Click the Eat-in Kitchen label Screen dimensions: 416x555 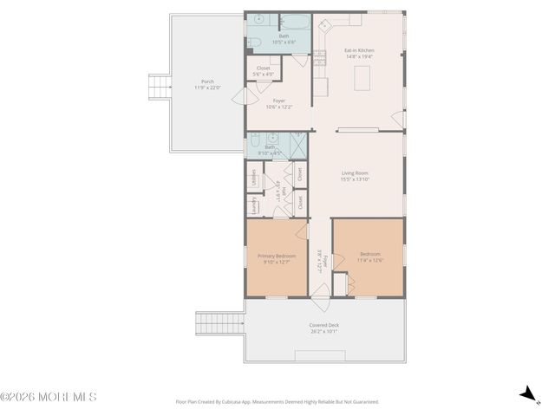click(x=358, y=53)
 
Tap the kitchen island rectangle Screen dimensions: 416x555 click(x=365, y=79)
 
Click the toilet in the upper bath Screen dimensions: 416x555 click(x=253, y=42)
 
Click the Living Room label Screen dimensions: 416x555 click(x=356, y=176)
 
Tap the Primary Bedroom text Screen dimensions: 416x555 click(x=277, y=258)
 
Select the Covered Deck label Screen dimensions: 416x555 click(x=324, y=328)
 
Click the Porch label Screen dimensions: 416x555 click(x=208, y=84)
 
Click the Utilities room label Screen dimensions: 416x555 click(x=254, y=178)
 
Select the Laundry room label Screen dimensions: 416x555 click(x=254, y=205)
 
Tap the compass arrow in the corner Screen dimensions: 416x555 click(x=526, y=394)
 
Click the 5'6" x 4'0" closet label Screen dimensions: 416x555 click(x=263, y=71)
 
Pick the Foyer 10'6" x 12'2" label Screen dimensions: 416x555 click(x=278, y=103)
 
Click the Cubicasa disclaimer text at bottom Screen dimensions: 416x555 click(x=277, y=401)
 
